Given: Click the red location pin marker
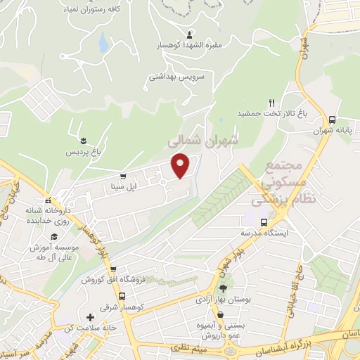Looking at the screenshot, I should pyautogui.click(x=181, y=165).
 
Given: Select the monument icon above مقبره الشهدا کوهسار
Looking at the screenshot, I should pyautogui.click(x=189, y=34).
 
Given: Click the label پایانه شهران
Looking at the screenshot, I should pyautogui.click(x=332, y=131).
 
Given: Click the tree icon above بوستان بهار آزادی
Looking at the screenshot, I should pyautogui.click(x=223, y=288).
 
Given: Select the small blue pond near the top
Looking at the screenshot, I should pyautogui.click(x=103, y=44).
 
